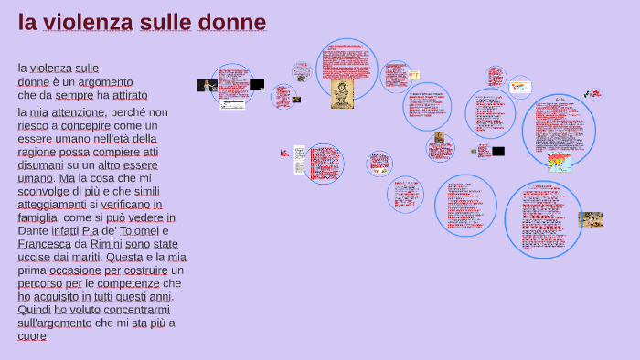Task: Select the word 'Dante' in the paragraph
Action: (35, 232)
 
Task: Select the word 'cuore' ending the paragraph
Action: (32, 336)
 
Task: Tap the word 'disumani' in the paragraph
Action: (41, 165)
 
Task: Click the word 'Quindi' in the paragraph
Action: (34, 311)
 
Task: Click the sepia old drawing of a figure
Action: (342, 93)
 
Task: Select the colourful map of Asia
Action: (559, 163)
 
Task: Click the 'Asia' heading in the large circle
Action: (560, 99)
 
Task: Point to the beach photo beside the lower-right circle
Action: (591, 219)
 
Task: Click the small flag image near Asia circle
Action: (595, 93)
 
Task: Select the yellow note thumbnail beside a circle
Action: (414, 74)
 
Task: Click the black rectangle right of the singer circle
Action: (257, 84)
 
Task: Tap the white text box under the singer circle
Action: (232, 105)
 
